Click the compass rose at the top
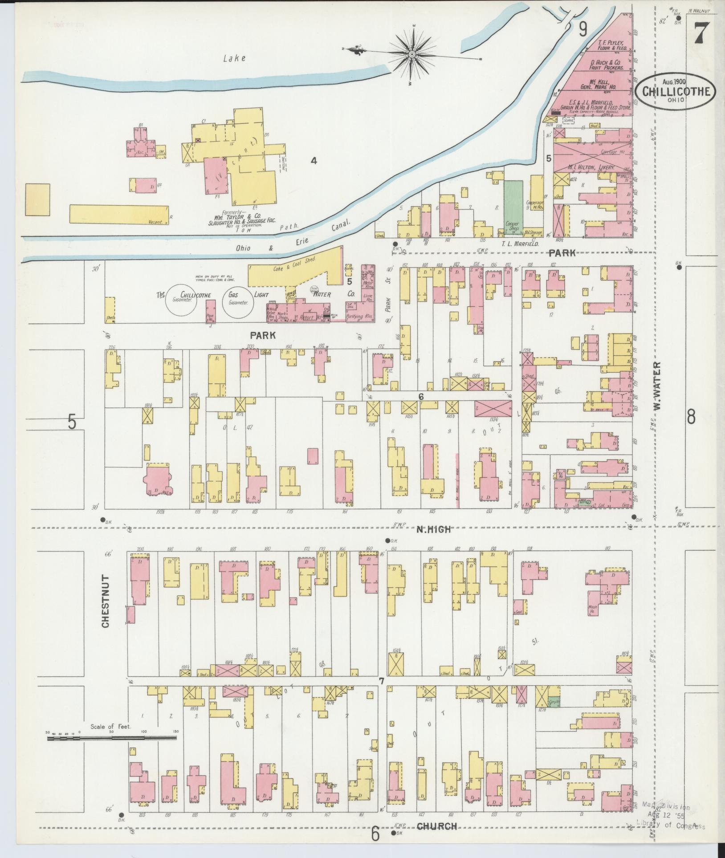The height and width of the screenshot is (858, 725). (x=412, y=54)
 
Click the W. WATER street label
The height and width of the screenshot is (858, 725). (x=659, y=386)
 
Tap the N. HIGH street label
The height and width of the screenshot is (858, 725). (x=434, y=529)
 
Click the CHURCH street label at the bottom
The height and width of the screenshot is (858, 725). (x=437, y=826)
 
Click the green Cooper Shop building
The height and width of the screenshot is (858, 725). (x=513, y=206)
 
